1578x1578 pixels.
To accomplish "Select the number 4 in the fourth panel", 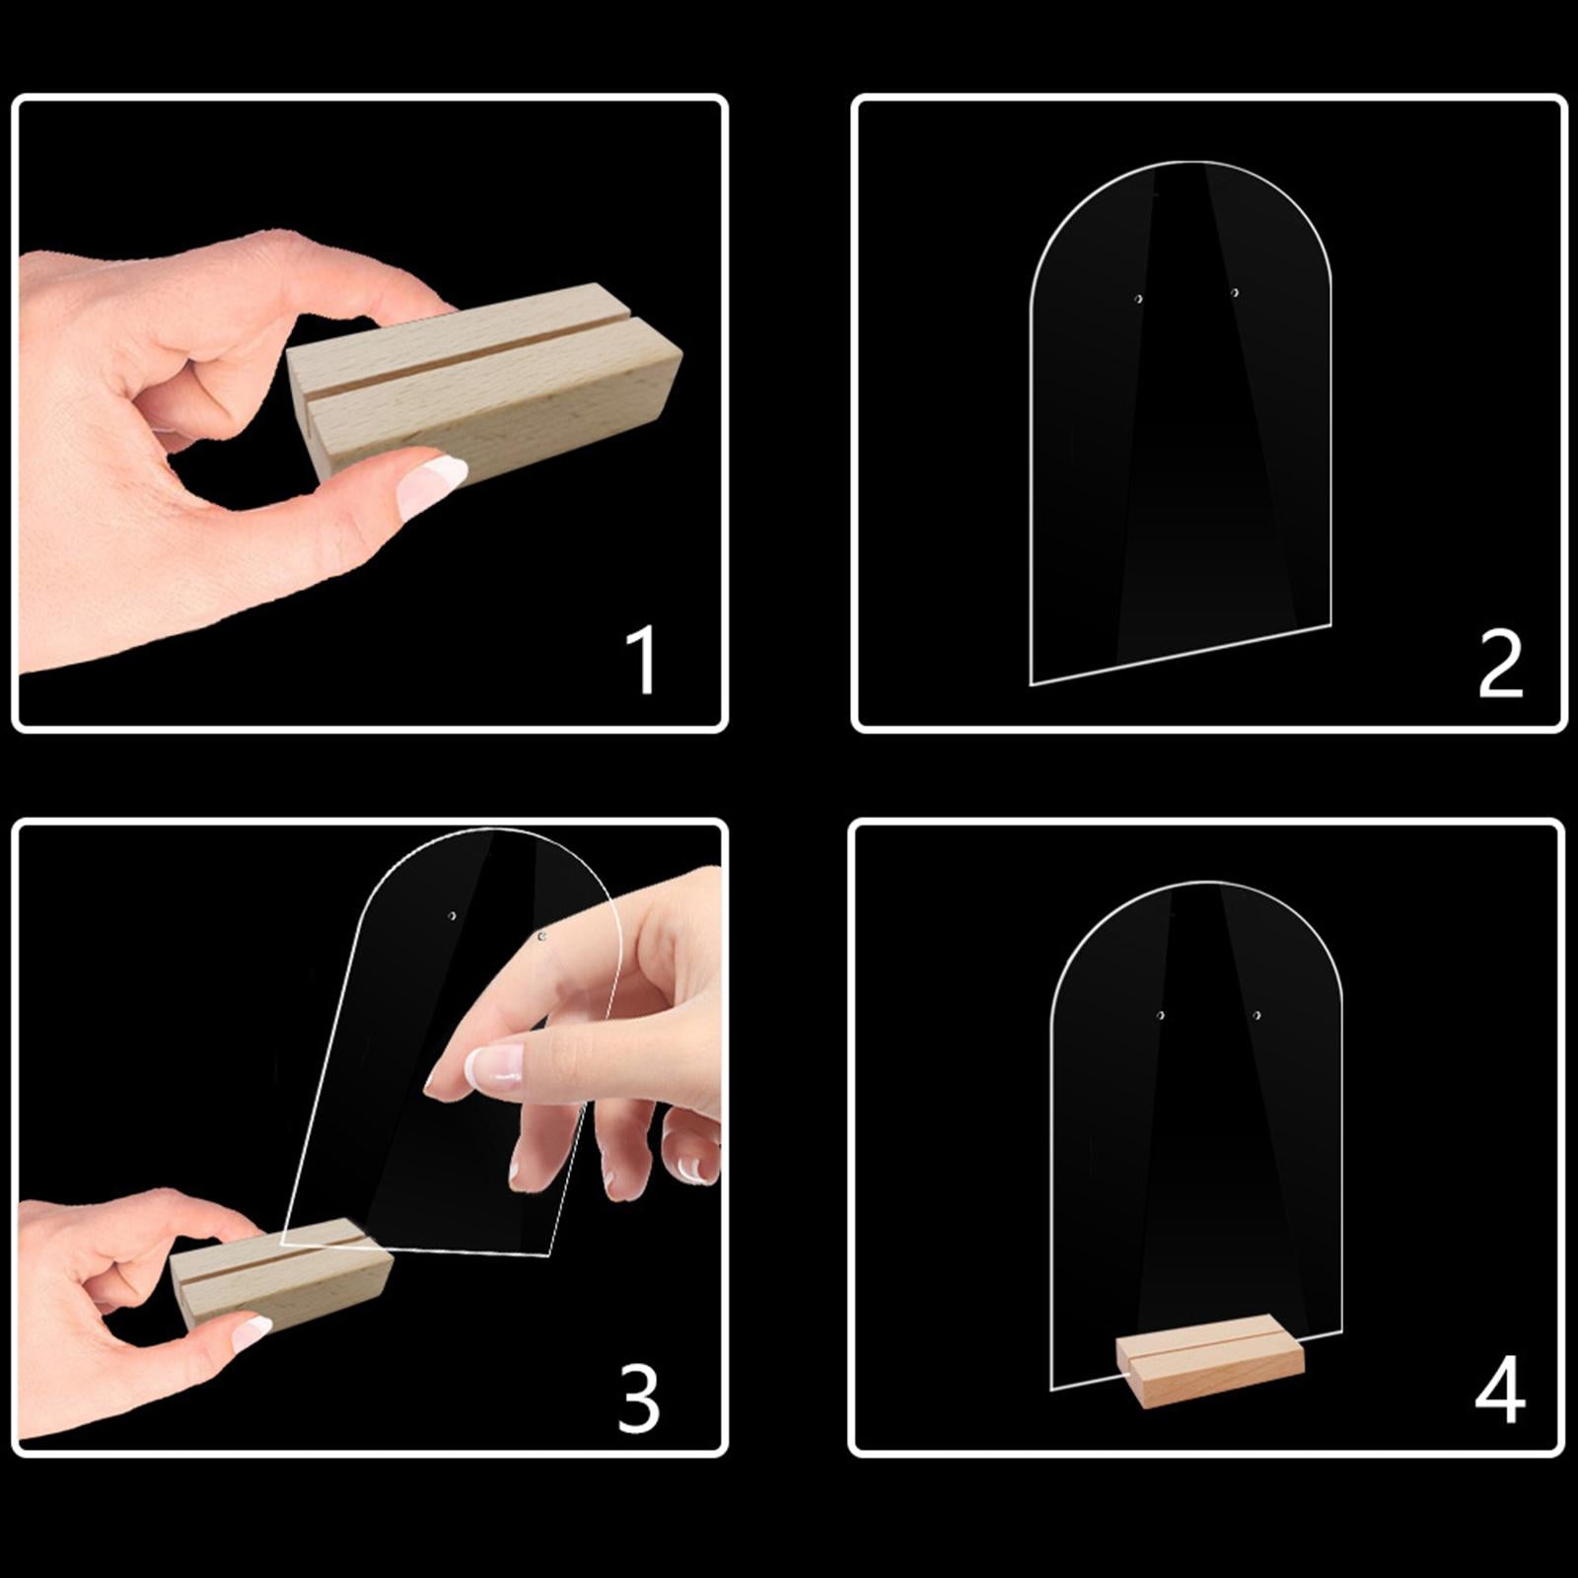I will [1499, 1389].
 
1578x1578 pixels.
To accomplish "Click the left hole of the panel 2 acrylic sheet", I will [1138, 298].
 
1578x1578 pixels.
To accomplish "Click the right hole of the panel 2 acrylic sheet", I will [1234, 292].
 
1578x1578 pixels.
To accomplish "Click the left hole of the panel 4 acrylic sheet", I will [1161, 1015].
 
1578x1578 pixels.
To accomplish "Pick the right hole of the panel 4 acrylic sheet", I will [1256, 1014].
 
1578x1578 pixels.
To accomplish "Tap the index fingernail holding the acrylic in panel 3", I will [493, 1065].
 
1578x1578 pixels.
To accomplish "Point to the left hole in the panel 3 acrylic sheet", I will [453, 916].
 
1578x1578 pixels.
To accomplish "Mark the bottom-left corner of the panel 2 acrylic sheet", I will [1032, 682].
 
